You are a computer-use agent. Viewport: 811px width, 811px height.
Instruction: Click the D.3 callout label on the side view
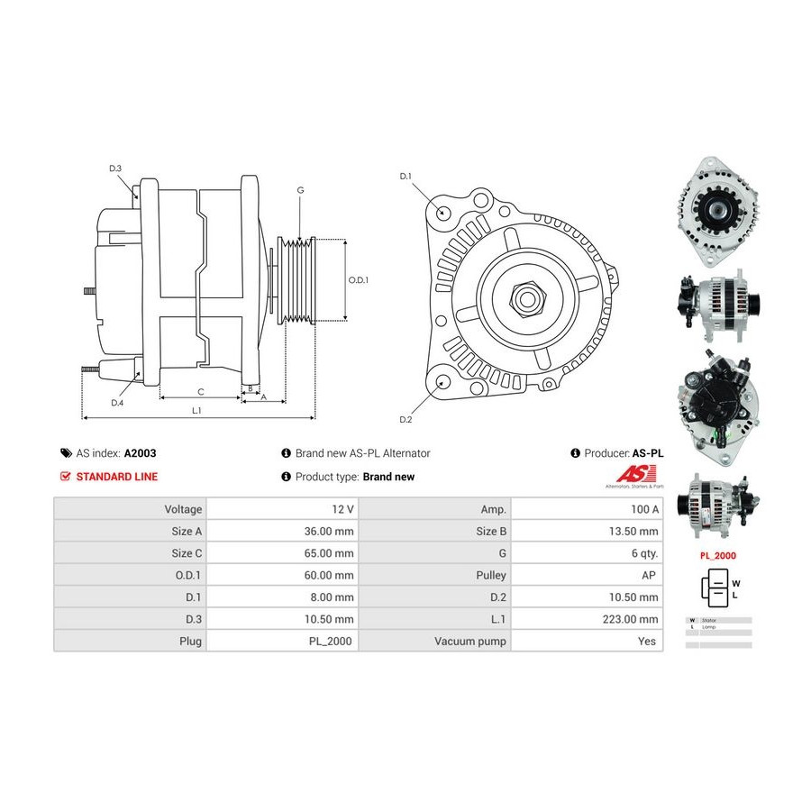[115, 169]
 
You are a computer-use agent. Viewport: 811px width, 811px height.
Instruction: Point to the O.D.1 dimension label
[359, 279]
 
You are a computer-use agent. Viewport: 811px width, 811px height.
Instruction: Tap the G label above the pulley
[300, 190]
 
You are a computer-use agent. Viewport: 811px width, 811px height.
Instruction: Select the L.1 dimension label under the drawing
[196, 410]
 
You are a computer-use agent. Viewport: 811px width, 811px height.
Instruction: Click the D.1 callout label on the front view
[405, 176]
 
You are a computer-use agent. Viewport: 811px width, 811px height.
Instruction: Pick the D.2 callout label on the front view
[405, 420]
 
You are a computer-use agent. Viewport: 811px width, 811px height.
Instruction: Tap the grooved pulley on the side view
[297, 279]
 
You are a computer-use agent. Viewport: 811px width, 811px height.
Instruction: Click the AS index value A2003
[141, 453]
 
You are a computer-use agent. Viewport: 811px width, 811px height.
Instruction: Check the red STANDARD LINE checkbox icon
[65, 477]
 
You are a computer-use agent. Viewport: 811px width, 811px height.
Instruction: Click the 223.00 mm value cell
[631, 619]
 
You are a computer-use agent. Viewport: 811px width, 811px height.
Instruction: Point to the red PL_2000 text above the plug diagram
[718, 556]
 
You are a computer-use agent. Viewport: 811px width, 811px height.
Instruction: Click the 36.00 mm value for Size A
[328, 532]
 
